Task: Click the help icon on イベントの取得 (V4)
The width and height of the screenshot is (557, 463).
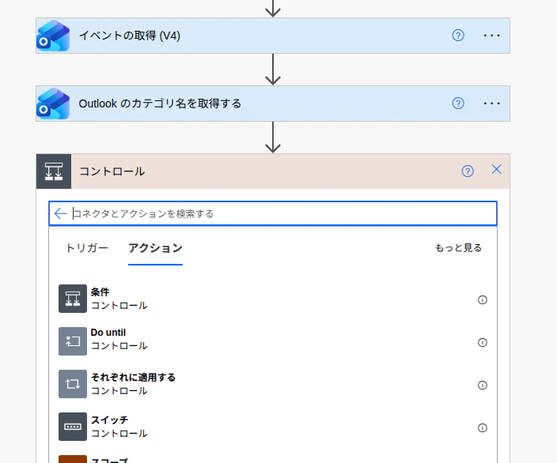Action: (458, 36)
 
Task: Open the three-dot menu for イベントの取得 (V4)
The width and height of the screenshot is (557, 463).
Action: (491, 36)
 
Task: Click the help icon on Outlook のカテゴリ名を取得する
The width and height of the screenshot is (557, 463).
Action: (458, 104)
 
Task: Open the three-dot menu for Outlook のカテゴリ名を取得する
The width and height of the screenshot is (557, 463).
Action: (491, 104)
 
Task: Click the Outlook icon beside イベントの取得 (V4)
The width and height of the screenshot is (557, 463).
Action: (53, 36)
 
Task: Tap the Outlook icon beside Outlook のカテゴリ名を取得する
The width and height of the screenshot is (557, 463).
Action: (53, 104)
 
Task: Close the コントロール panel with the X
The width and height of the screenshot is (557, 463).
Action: (496, 169)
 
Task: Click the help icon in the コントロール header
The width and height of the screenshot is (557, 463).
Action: (468, 171)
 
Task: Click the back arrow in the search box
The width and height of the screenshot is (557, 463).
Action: (60, 213)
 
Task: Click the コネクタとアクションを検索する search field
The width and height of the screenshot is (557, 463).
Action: (281, 213)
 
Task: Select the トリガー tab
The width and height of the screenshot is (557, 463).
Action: (87, 247)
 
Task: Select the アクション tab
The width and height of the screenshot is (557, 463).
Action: (155, 247)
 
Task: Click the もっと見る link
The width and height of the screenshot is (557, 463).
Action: (458, 247)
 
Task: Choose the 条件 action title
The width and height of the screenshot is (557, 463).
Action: (100, 292)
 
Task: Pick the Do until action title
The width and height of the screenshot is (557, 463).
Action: (108, 333)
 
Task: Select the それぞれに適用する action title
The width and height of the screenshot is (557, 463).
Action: (133, 377)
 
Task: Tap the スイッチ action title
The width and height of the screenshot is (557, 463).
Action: (109, 420)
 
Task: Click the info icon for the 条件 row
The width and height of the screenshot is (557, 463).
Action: (482, 299)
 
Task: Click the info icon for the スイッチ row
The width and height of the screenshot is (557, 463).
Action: (482, 428)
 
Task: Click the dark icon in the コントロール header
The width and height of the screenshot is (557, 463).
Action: (54, 171)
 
